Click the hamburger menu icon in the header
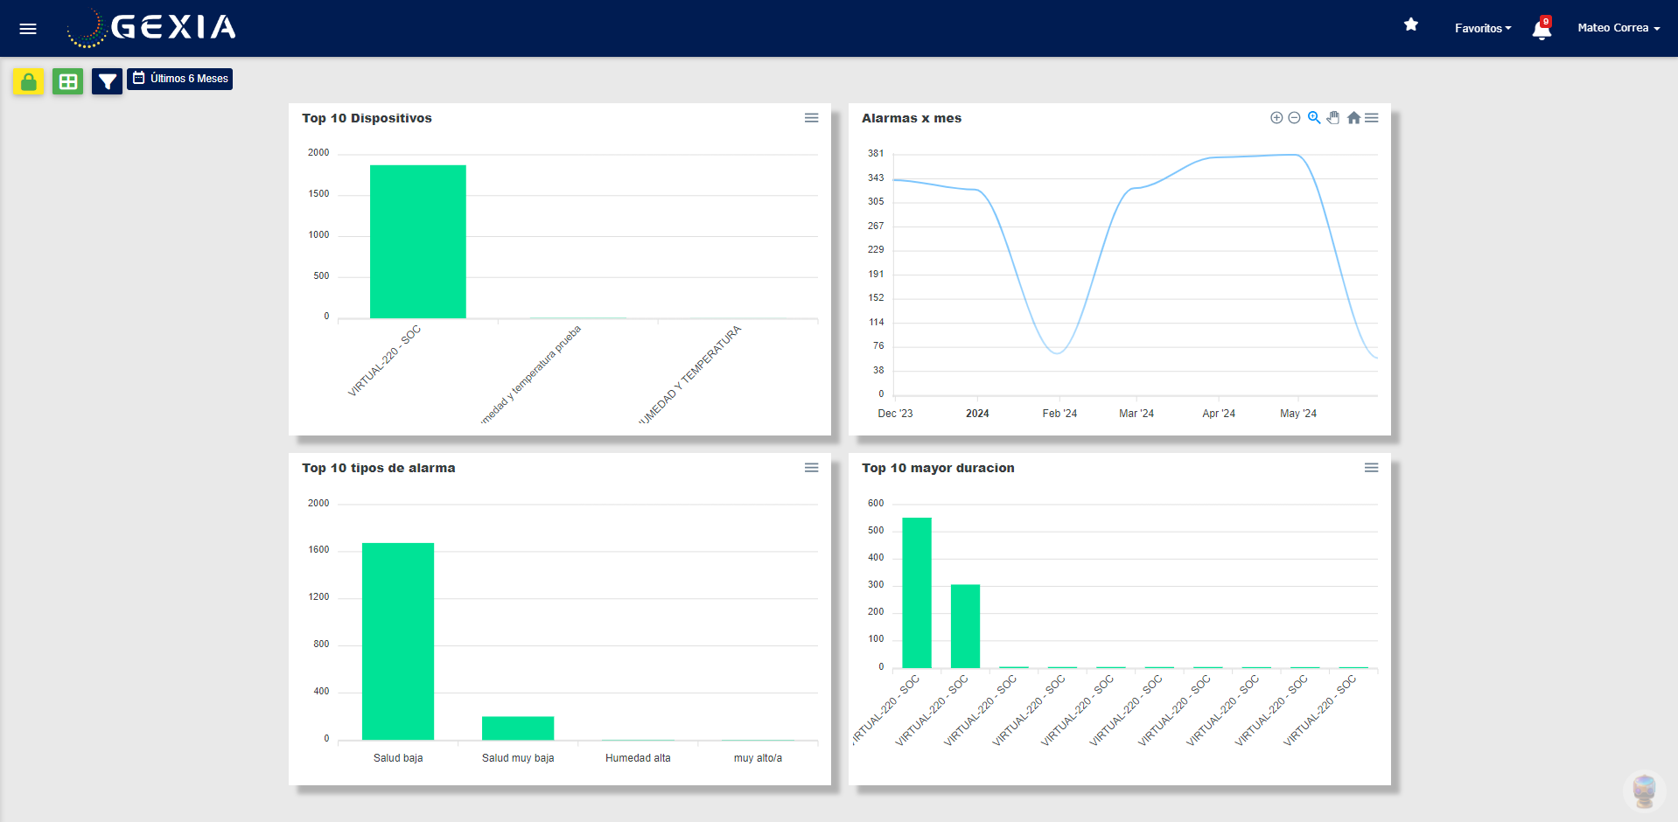(28, 29)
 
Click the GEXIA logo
(152, 28)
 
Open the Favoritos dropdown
(1482, 28)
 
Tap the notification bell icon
(1542, 30)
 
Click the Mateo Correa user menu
(1618, 28)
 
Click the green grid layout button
(67, 81)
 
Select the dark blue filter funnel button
(107, 81)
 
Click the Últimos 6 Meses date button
(180, 79)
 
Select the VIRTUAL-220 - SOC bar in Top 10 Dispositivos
(417, 241)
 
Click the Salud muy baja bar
(517, 728)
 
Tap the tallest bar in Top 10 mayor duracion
(916, 592)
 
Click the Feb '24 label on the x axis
(1059, 414)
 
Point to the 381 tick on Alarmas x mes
(875, 153)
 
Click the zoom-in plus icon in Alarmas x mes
(1276, 118)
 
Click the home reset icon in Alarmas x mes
(1353, 118)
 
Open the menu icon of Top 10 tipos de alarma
(811, 468)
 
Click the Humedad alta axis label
(638, 758)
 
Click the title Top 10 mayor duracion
(937, 468)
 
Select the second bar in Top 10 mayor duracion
(965, 625)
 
